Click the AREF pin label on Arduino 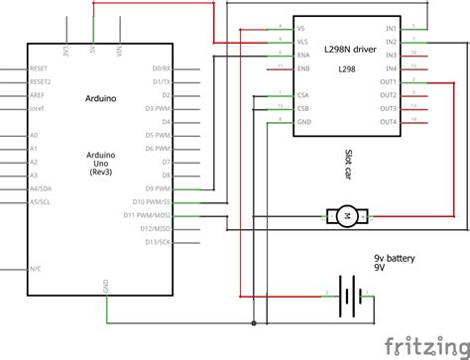click(x=36, y=96)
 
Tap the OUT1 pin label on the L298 click(x=388, y=81)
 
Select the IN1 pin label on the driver click(x=391, y=29)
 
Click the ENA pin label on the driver click(x=302, y=56)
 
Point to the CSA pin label click(x=302, y=95)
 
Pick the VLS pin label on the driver click(x=302, y=43)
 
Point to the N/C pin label click(x=35, y=268)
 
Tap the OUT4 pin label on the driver click(x=388, y=121)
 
